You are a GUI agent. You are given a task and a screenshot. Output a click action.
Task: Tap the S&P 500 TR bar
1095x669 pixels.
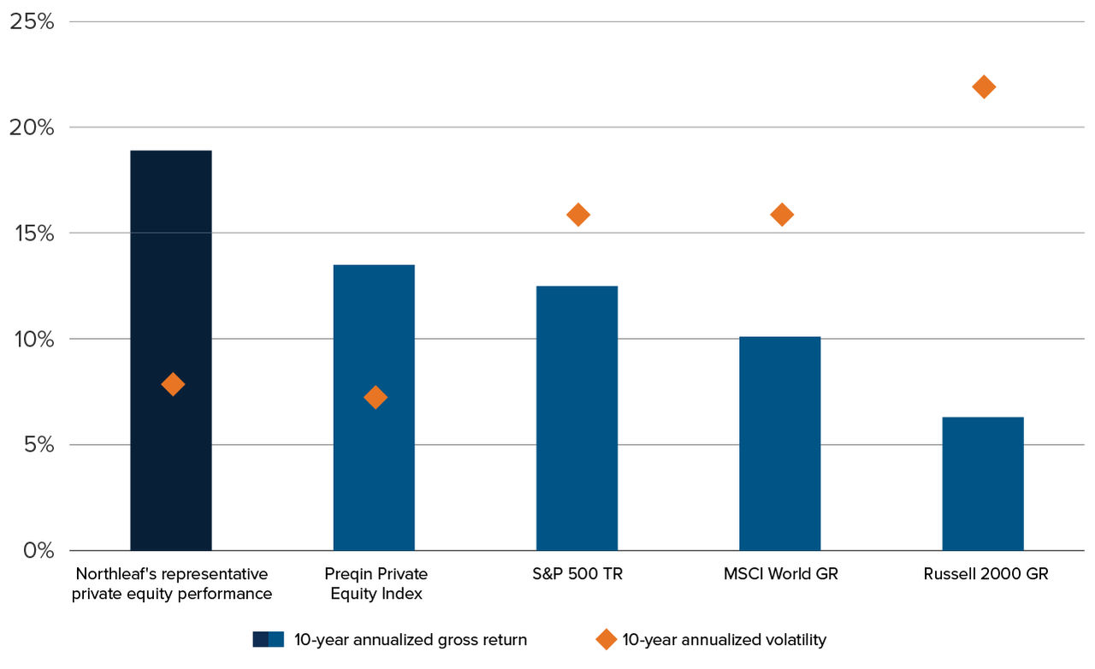tap(577, 419)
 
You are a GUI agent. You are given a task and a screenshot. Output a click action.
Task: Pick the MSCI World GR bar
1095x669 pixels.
tap(779, 445)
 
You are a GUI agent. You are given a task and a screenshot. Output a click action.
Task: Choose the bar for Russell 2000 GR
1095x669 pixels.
tap(982, 484)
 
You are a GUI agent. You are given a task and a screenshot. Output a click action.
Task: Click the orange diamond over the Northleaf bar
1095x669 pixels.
tap(173, 384)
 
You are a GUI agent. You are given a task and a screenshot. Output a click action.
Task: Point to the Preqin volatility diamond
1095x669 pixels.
tap(376, 397)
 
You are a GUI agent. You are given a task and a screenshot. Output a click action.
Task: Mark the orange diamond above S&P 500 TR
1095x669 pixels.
tap(578, 215)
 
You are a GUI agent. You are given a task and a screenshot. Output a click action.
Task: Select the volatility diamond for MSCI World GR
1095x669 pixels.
tap(782, 215)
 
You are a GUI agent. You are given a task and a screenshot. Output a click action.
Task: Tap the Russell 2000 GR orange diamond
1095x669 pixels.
tap(984, 87)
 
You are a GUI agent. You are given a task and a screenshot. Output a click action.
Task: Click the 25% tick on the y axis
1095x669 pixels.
tap(32, 21)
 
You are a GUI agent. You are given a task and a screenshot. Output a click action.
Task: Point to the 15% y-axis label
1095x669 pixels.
tap(32, 234)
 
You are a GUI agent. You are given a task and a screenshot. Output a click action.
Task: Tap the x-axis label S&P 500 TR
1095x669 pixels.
tap(577, 574)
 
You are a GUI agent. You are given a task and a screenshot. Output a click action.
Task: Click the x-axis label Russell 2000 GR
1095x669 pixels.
tap(985, 574)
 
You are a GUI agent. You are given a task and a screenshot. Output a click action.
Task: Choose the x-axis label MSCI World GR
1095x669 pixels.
tap(780, 574)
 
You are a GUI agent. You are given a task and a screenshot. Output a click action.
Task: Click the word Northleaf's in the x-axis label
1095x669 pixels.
tap(114, 574)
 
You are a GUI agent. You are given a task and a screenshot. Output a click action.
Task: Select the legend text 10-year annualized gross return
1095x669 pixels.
tap(411, 640)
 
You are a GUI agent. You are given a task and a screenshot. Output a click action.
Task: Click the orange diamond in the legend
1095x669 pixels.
tap(606, 640)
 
